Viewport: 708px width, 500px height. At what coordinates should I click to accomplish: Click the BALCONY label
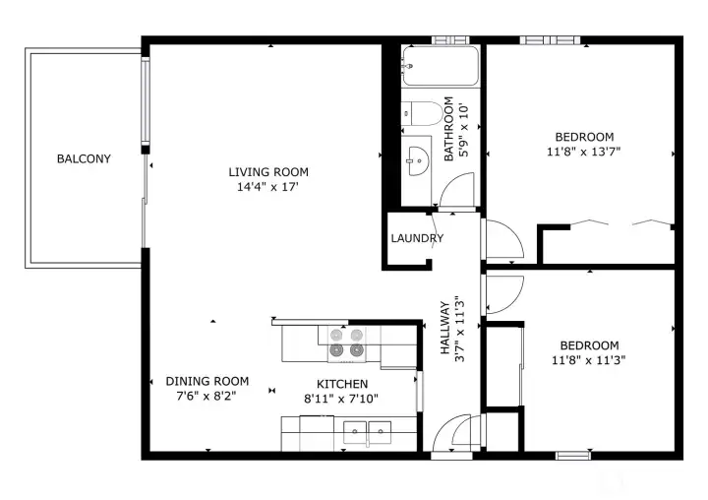tap(84, 158)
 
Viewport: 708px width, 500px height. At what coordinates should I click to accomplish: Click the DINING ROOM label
tap(206, 381)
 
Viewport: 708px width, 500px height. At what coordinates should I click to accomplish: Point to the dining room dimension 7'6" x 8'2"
tap(206, 396)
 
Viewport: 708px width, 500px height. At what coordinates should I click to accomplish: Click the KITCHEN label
tap(342, 384)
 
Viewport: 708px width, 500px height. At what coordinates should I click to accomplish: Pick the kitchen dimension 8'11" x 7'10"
tap(342, 399)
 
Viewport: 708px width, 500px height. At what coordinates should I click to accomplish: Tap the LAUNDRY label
tap(417, 238)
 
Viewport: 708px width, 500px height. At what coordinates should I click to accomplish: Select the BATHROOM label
tap(448, 128)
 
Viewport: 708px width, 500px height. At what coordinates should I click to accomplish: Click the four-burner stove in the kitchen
tap(345, 342)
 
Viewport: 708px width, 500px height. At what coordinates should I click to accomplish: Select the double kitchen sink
tap(367, 428)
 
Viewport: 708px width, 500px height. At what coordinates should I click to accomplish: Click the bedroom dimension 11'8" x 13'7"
tap(584, 152)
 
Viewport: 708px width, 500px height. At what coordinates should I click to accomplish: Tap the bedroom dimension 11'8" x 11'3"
tap(589, 360)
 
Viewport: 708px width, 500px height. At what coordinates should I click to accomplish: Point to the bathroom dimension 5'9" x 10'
tap(463, 128)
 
